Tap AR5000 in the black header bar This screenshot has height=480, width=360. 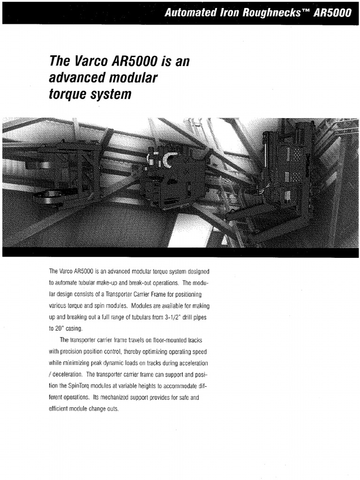coord(332,13)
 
